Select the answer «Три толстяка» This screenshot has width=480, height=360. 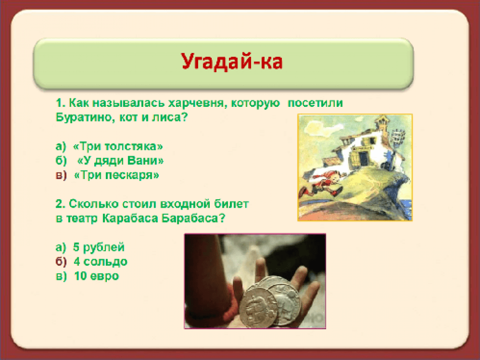click(118, 146)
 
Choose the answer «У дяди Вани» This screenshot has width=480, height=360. click(120, 161)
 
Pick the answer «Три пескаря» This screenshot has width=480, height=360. click(117, 175)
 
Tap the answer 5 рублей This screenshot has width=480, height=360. click(98, 247)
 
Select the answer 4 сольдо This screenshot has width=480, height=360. click(100, 262)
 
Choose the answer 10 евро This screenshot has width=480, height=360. click(96, 276)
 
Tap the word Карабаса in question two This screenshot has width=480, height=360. click(130, 218)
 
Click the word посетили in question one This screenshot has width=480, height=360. click(315, 103)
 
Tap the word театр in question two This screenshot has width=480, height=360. click(82, 219)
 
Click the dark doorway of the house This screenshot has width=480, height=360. click(363, 158)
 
